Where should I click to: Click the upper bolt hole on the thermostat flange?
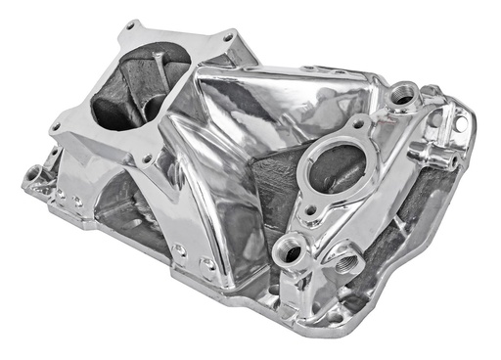[x=360, y=123]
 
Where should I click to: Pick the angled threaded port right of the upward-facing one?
[x=345, y=262]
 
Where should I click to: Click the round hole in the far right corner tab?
[x=458, y=125]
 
